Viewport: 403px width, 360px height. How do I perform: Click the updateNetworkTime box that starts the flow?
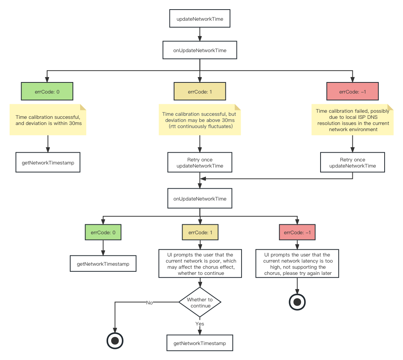click(x=199, y=19)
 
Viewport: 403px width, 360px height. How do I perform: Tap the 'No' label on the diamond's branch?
click(x=150, y=302)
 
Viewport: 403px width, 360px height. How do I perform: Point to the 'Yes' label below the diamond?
click(x=200, y=324)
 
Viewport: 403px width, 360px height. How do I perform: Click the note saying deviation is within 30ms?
click(x=48, y=120)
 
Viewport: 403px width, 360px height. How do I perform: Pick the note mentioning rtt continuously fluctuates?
click(x=200, y=120)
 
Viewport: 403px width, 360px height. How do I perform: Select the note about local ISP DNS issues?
click(x=352, y=120)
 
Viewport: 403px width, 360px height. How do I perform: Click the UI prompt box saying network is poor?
click(x=200, y=264)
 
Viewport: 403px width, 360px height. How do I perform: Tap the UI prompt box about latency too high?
click(x=297, y=264)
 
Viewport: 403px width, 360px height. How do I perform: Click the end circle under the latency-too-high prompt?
click(x=297, y=302)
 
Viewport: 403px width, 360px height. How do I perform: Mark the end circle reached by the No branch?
click(x=115, y=340)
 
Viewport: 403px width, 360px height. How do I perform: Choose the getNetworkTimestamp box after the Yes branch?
click(x=200, y=343)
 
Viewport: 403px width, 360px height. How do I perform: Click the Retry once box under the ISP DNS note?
click(x=352, y=163)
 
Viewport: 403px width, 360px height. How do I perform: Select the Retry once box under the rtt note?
click(x=200, y=163)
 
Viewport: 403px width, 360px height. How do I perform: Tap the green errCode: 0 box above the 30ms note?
click(x=47, y=92)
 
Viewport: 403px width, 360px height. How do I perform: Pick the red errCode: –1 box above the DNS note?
click(x=352, y=92)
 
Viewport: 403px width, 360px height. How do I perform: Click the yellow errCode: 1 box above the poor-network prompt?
click(x=200, y=232)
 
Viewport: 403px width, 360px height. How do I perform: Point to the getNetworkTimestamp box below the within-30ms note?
click(x=48, y=163)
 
